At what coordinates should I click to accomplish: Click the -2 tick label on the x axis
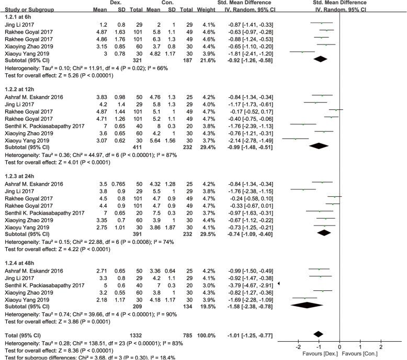click(x=298, y=346)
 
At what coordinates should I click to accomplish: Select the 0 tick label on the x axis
click(x=340, y=346)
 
